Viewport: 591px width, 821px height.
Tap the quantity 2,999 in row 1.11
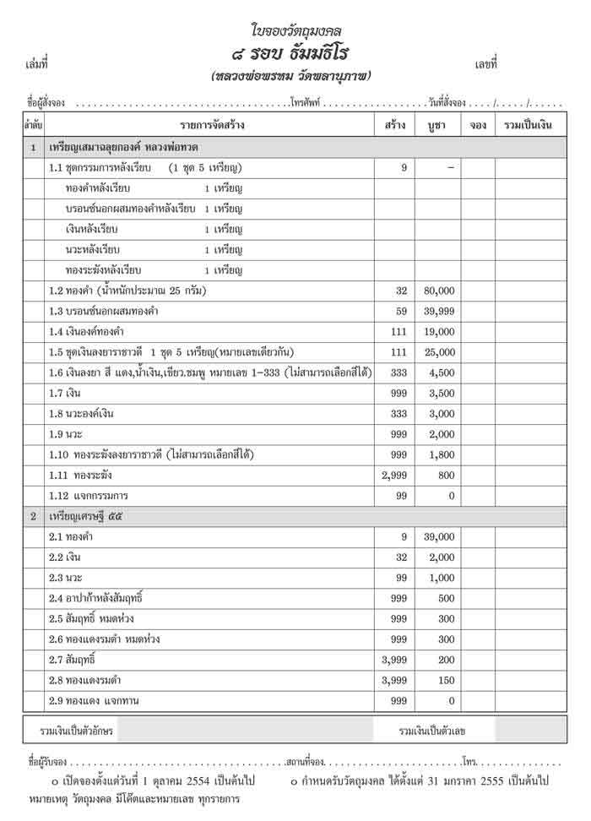(395, 476)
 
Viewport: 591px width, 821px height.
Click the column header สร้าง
(393, 126)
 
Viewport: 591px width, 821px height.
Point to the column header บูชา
(436, 126)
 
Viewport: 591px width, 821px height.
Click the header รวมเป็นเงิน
(528, 126)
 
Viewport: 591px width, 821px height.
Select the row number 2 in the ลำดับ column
(33, 515)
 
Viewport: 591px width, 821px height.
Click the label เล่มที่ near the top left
(38, 63)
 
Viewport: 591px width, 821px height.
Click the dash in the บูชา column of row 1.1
(450, 168)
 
